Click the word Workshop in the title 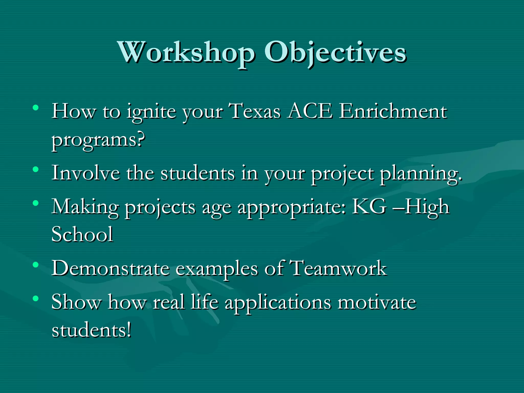tap(186, 53)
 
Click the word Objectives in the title tap(335, 53)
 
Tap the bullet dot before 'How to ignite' tap(36, 107)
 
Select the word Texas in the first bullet tap(255, 112)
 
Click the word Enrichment tap(393, 112)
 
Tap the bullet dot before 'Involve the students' tap(36, 169)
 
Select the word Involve tap(86, 173)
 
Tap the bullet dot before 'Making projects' tap(36, 203)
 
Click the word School tap(82, 234)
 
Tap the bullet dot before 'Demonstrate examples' tap(36, 265)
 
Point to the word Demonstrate tap(111, 268)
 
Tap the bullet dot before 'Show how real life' tap(36, 298)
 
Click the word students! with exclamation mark tap(91, 330)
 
